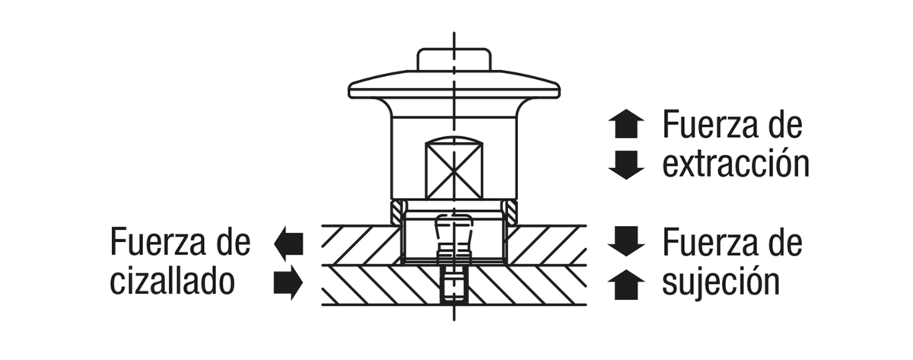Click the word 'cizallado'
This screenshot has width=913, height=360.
tap(173, 282)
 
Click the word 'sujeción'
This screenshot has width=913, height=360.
tap(721, 282)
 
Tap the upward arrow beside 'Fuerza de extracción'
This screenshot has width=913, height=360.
tap(626, 123)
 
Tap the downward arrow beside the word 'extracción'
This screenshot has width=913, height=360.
tap(626, 164)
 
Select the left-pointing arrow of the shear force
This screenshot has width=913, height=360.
tap(288, 244)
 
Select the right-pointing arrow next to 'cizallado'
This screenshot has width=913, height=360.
tap(288, 282)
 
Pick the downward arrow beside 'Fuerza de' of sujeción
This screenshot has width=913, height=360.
tap(626, 241)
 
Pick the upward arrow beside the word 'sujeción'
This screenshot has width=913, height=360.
tap(626, 285)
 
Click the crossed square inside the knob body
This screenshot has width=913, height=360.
tap(453, 170)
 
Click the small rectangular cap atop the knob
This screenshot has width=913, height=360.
tap(453, 59)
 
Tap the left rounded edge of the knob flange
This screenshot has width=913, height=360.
tap(350, 91)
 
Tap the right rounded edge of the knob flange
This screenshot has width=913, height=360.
tap(558, 91)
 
